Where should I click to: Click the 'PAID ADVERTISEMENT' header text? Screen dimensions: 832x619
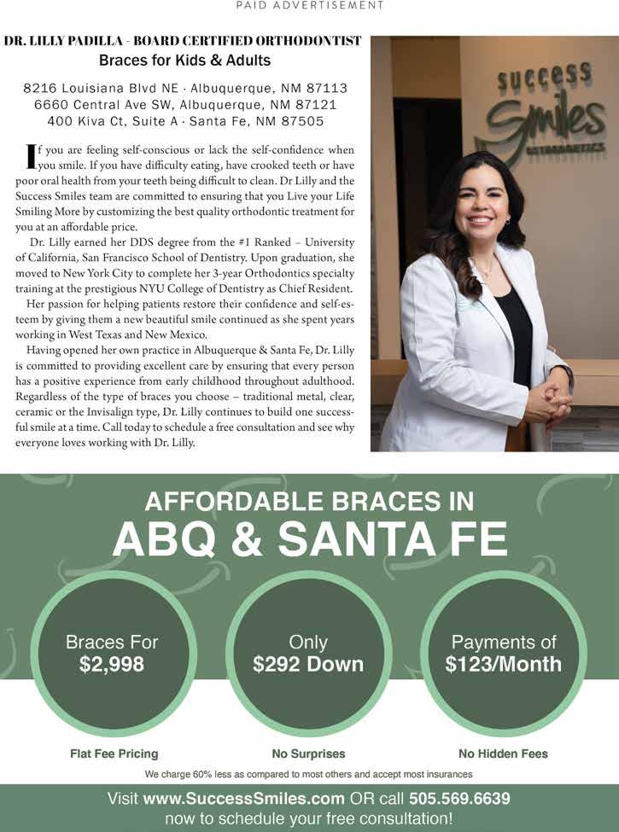click(309, 5)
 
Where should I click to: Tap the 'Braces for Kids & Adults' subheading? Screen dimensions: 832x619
click(184, 61)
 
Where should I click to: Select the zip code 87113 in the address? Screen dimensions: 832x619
click(324, 89)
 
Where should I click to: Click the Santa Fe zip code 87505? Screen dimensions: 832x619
click(300, 121)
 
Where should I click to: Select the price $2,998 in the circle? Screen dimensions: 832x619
click(112, 664)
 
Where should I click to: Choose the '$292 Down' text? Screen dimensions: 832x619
click(308, 664)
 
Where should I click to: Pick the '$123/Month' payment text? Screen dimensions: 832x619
click(504, 664)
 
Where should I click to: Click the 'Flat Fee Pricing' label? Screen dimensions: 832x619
click(114, 753)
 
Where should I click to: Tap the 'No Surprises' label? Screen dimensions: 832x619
click(308, 753)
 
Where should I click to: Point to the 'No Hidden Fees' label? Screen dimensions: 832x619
click(503, 753)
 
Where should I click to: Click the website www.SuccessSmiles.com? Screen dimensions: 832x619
click(243, 800)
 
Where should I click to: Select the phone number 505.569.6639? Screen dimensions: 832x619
click(459, 800)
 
